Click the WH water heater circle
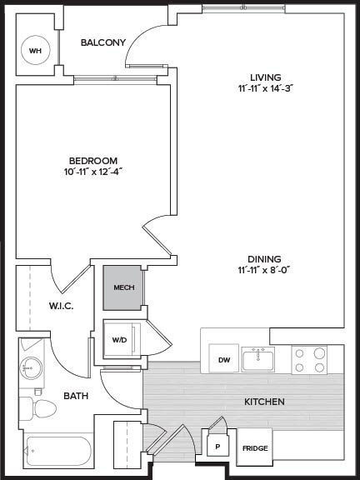(x=35, y=51)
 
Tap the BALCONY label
(x=103, y=42)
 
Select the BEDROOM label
(x=93, y=160)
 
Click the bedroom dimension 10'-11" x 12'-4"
(x=93, y=171)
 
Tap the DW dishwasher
(x=223, y=359)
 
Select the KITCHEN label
(x=264, y=402)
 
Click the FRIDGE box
(x=255, y=448)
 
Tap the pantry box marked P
(x=217, y=446)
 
